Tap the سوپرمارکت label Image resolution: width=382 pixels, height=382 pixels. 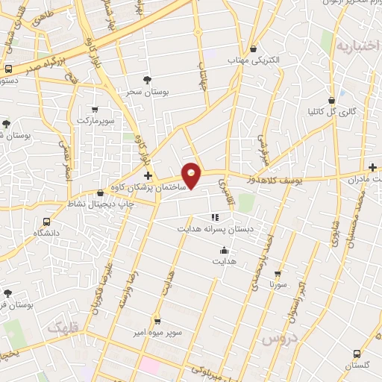tap(94, 119)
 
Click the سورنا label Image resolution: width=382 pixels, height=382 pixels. tap(278, 285)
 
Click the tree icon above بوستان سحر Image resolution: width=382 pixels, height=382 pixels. tap(147, 79)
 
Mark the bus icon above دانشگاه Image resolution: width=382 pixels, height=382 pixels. tap(47, 222)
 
